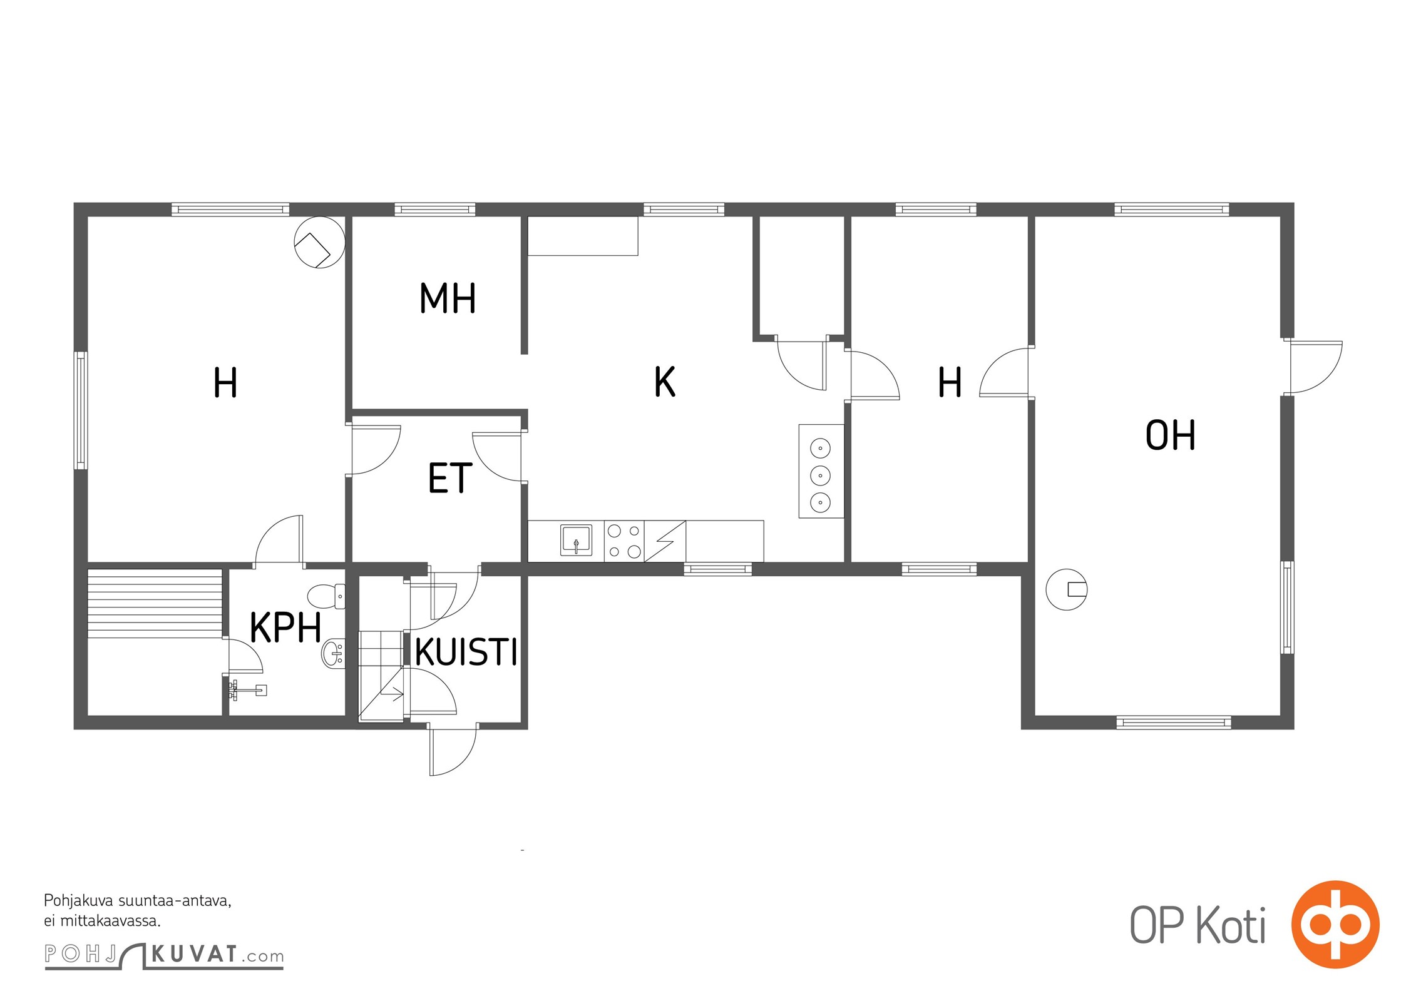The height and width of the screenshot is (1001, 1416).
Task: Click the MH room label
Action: (448, 298)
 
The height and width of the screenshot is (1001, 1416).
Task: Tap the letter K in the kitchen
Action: (665, 382)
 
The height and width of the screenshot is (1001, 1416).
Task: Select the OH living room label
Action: (1170, 435)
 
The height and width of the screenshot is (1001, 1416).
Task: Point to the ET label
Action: (449, 478)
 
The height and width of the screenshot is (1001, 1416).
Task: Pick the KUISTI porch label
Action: (466, 653)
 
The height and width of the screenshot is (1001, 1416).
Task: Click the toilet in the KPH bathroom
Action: (326, 596)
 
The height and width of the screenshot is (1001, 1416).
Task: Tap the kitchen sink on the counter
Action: (576, 541)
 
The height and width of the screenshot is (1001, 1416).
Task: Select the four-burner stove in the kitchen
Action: (624, 541)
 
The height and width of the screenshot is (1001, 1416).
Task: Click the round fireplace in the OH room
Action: (1067, 589)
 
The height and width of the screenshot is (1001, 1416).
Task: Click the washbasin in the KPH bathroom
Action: (333, 654)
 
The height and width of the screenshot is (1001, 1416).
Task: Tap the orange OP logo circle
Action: (1335, 924)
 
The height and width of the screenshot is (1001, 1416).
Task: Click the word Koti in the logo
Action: (1231, 925)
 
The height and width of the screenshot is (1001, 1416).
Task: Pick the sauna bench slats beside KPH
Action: (155, 603)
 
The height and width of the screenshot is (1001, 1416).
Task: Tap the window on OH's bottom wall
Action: (1174, 723)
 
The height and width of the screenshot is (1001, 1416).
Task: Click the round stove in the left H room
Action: (320, 242)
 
